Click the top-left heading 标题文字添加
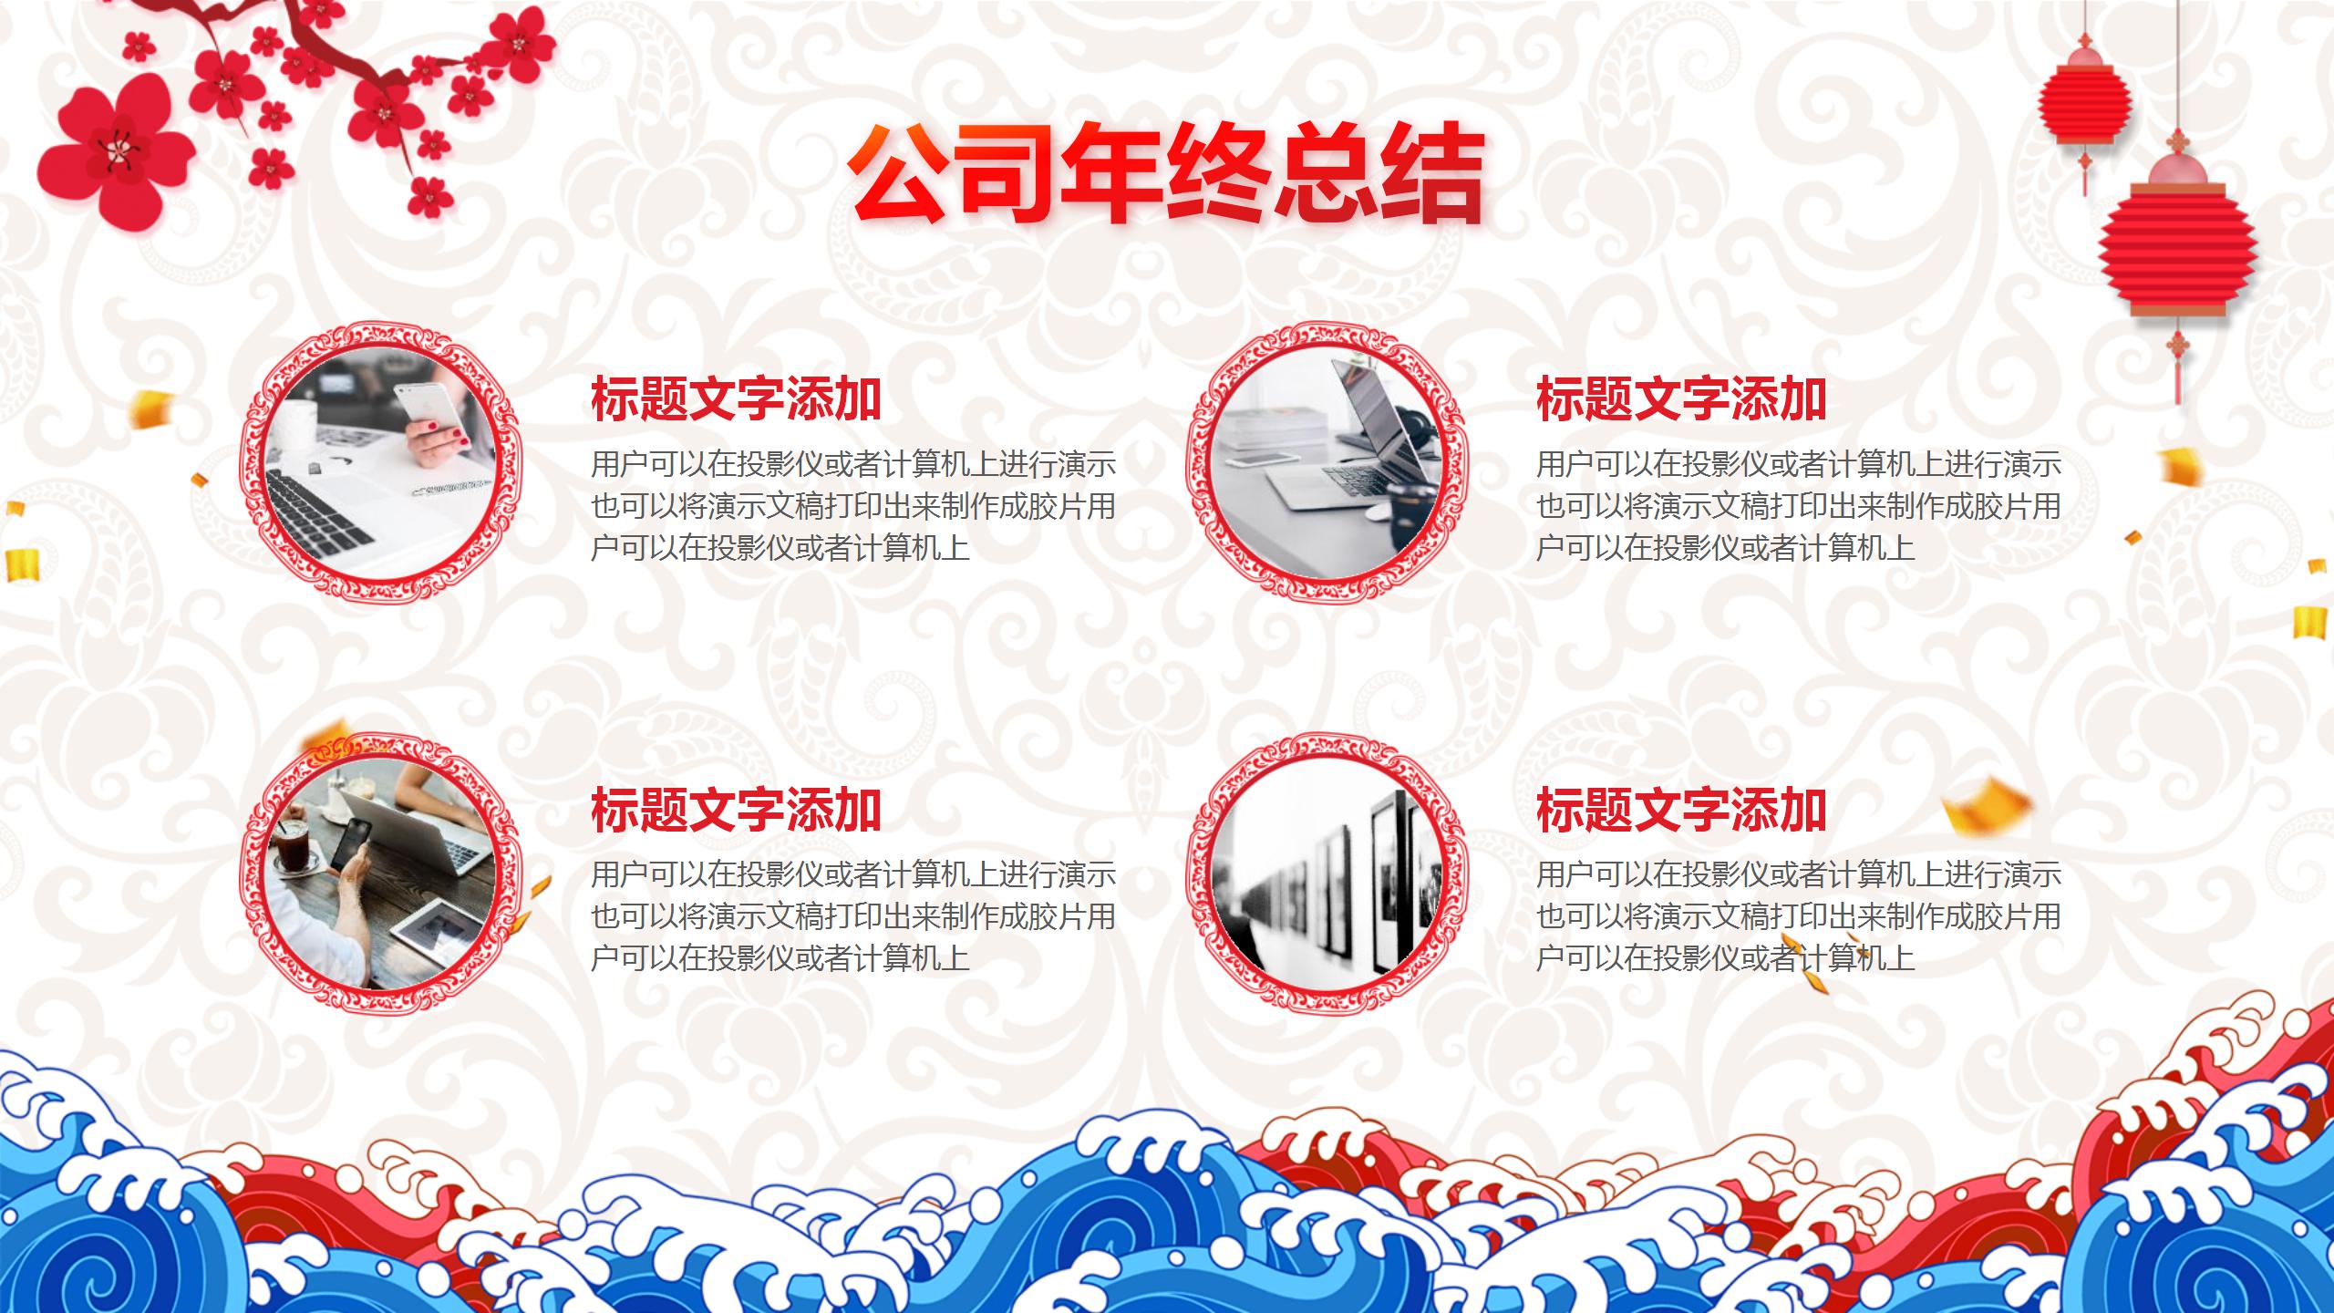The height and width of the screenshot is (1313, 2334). pos(736,399)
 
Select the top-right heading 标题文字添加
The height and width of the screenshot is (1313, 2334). pos(1680,399)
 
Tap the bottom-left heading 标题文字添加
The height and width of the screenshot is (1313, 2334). pos(736,810)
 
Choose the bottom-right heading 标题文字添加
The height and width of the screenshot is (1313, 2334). pos(1680,810)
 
